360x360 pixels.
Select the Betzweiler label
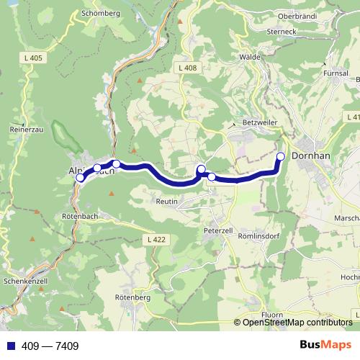click(x=261, y=122)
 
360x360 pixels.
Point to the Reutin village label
click(x=166, y=202)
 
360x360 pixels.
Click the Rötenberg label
click(x=132, y=297)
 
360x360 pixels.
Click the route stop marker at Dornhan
click(x=281, y=156)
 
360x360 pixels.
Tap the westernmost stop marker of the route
click(x=80, y=177)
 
